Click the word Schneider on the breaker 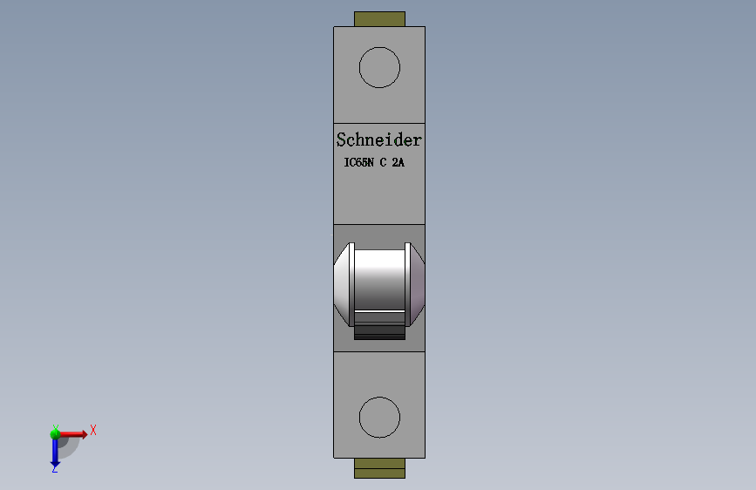[x=379, y=140]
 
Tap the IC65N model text [x=358, y=162]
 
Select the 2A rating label [x=398, y=162]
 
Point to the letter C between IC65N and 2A [x=384, y=162]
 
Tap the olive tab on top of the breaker [x=379, y=19]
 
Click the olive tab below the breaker [x=379, y=468]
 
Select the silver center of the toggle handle [x=379, y=281]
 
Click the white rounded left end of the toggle [x=341, y=284]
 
